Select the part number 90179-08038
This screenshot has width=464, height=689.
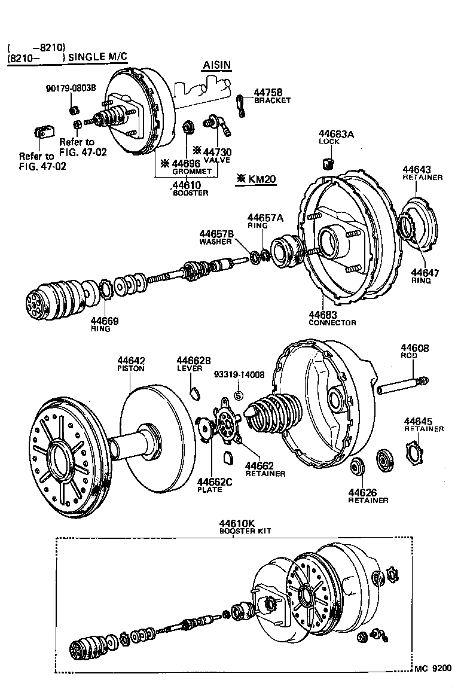pyautogui.click(x=71, y=88)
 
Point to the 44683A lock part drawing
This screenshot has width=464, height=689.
pyautogui.click(x=328, y=163)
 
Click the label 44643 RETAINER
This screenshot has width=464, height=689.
pyautogui.click(x=422, y=173)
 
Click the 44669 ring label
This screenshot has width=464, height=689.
pyautogui.click(x=105, y=324)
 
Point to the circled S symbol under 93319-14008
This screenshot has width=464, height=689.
pyautogui.click(x=238, y=395)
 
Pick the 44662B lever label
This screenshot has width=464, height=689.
pyautogui.click(x=193, y=364)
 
